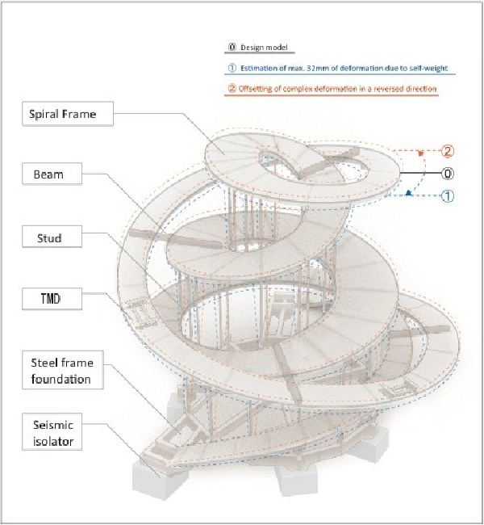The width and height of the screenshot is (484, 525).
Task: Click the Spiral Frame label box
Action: pyautogui.click(x=68, y=114)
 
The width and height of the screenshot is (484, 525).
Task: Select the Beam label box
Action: pyautogui.click(x=52, y=174)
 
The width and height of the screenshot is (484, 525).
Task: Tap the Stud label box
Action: pyautogui.click(x=52, y=237)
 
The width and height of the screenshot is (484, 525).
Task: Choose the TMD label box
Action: pyautogui.click(x=52, y=299)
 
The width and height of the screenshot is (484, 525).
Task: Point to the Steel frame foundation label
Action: pyautogui.click(x=63, y=370)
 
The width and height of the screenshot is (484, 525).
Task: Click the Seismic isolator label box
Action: pyautogui.click(x=52, y=432)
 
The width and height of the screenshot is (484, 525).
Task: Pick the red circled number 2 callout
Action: pyautogui.click(x=448, y=151)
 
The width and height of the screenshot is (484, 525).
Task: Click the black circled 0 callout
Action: pyautogui.click(x=448, y=174)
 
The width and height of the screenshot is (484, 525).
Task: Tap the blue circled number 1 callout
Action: pyautogui.click(x=448, y=196)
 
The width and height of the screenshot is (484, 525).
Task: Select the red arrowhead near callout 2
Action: pyautogui.click(x=421, y=153)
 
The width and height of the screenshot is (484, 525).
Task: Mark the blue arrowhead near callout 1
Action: pyautogui.click(x=408, y=192)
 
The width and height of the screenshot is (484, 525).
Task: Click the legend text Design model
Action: pyautogui.click(x=264, y=48)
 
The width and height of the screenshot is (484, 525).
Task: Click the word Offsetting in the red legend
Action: pyautogui.click(x=255, y=89)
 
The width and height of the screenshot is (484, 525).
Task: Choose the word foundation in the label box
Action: pyautogui.click(x=60, y=380)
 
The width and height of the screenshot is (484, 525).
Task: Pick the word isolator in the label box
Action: pyautogui.click(x=53, y=441)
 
